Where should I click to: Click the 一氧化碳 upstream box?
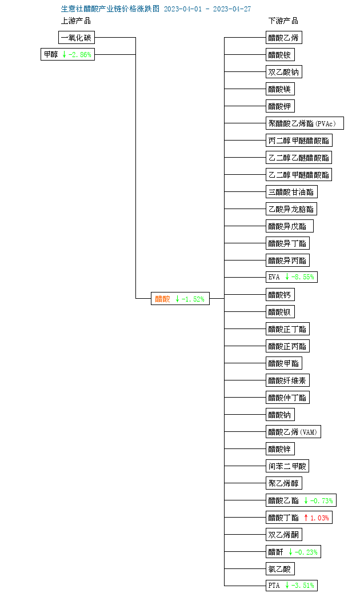(77, 38)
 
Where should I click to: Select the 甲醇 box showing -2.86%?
(68, 54)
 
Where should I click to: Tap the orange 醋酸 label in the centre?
(163, 299)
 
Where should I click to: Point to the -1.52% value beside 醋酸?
(193, 299)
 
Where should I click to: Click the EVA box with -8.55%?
(291, 277)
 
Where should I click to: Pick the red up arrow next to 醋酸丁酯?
(306, 518)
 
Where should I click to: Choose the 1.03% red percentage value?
(319, 518)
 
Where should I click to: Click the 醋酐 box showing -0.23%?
(293, 552)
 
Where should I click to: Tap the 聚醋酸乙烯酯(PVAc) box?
(305, 123)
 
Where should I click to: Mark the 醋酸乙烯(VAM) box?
(293, 432)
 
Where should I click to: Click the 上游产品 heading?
(76, 21)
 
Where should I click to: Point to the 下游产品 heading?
(283, 21)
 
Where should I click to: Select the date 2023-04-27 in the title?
(232, 9)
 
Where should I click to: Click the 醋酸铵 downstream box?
(280, 55)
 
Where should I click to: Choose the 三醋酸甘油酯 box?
(291, 192)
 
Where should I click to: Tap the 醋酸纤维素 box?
(287, 380)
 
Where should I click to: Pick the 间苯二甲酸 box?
(287, 466)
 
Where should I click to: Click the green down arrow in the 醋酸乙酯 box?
(306, 500)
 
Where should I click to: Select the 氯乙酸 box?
(280, 569)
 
